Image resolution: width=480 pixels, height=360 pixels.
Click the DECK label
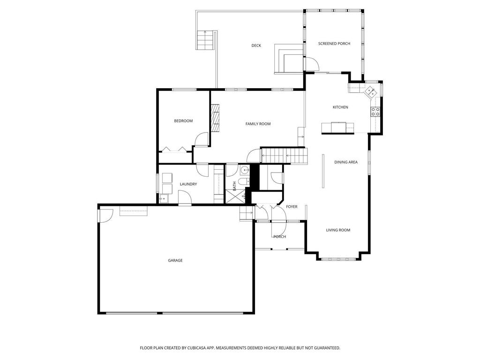(256, 45)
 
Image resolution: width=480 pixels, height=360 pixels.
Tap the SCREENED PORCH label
(334, 44)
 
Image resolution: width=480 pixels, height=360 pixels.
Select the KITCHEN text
(340, 107)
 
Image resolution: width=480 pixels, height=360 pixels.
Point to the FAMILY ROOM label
(258, 124)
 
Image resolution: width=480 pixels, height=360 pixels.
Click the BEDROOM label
(183, 121)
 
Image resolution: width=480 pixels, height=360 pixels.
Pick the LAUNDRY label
(188, 184)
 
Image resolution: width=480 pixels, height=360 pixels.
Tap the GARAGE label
(175, 261)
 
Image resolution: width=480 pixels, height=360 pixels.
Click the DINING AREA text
(346, 162)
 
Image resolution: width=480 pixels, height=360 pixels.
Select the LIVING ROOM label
(338, 230)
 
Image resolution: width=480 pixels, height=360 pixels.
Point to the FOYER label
(292, 207)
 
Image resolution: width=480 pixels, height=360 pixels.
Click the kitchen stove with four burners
(375, 112)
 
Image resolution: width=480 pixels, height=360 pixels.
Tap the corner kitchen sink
(370, 91)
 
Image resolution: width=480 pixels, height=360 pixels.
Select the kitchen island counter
(337, 127)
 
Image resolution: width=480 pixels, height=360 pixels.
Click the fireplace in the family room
(215, 118)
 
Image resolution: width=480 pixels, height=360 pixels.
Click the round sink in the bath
(244, 170)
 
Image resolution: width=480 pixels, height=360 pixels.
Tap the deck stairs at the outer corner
(205, 40)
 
